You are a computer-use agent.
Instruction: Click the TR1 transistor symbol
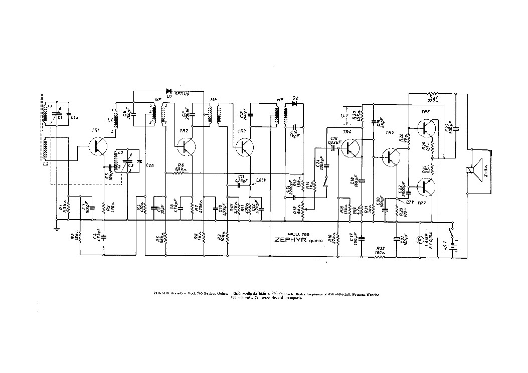98,146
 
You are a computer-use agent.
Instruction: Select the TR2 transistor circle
186,146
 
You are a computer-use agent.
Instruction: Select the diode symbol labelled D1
169,91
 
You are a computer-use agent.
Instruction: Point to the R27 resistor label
434,97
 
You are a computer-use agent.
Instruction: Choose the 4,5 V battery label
443,246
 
